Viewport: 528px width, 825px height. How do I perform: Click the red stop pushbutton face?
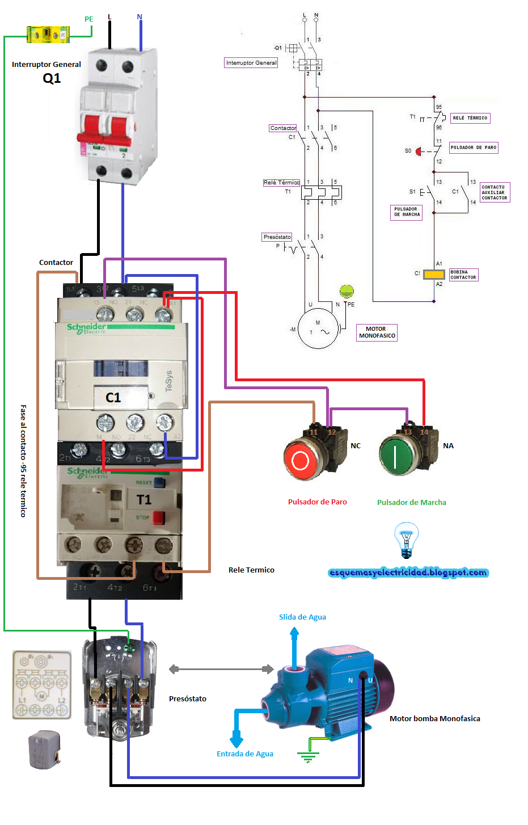pyautogui.click(x=299, y=460)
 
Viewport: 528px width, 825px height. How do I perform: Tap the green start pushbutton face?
pyautogui.click(x=396, y=456)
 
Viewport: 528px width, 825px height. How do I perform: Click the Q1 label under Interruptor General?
pyautogui.click(x=52, y=78)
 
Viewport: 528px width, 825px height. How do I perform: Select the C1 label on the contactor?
pyautogui.click(x=113, y=398)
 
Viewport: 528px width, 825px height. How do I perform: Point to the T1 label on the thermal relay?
pyautogui.click(x=144, y=500)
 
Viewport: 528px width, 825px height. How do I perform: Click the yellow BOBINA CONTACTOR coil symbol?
pyautogui.click(x=434, y=275)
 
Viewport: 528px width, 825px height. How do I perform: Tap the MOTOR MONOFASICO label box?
pyautogui.click(x=377, y=332)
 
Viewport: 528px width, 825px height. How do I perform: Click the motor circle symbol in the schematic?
pyautogui.click(x=318, y=328)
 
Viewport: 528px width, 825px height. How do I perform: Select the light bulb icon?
pyautogui.click(x=406, y=540)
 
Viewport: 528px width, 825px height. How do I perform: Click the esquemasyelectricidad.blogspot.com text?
pyautogui.click(x=408, y=572)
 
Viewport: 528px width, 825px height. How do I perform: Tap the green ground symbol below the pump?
pyautogui.click(x=308, y=756)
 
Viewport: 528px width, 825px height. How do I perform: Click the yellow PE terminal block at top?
pyautogui.click(x=48, y=35)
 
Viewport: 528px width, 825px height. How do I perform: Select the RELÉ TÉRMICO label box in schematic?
pyautogui.click(x=470, y=118)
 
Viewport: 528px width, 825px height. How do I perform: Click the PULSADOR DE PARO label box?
pyautogui.click(x=474, y=148)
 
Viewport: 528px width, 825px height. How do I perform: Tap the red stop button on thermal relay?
pyautogui.click(x=158, y=517)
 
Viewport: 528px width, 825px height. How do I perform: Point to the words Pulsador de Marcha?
pyautogui.click(x=412, y=502)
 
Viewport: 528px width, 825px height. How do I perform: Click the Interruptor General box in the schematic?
pyautogui.click(x=251, y=63)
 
